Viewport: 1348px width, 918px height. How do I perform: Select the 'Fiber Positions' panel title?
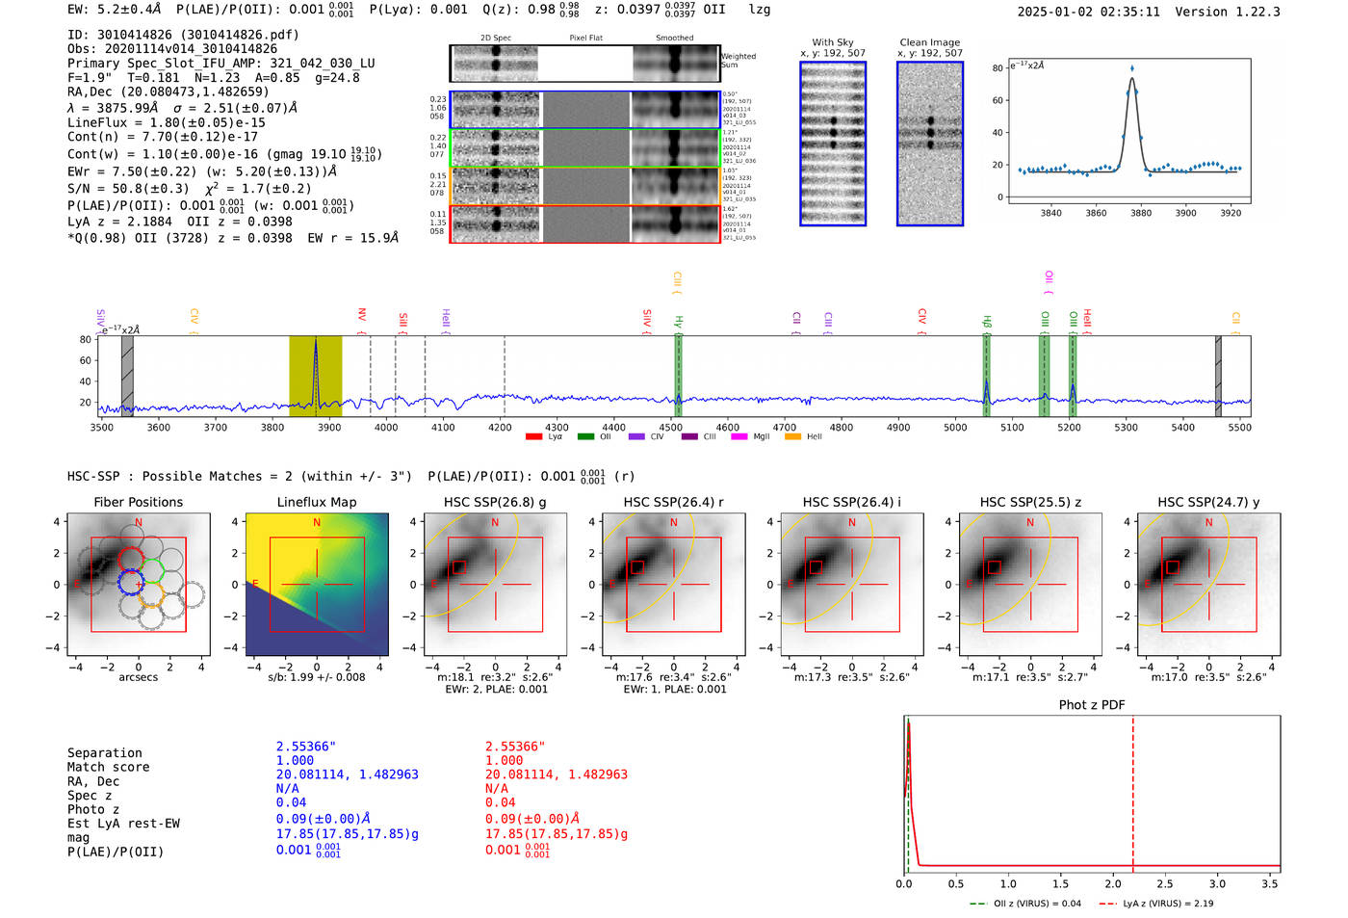click(138, 502)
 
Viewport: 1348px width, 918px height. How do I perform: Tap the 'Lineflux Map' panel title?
click(317, 502)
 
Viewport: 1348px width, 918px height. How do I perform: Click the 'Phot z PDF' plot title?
click(1092, 705)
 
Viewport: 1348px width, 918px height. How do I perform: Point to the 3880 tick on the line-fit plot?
click(1141, 213)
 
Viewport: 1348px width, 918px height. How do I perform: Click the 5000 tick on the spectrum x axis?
click(955, 428)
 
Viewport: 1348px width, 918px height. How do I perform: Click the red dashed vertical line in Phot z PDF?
click(1132, 790)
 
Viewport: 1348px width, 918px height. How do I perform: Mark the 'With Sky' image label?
click(833, 42)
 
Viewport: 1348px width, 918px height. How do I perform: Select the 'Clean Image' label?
click(930, 42)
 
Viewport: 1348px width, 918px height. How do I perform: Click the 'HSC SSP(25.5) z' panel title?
click(1030, 502)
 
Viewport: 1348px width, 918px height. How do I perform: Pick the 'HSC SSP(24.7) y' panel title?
click(1208, 502)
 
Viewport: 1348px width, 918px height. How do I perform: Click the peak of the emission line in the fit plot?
click(1132, 69)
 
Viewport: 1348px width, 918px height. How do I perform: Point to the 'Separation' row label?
click(105, 753)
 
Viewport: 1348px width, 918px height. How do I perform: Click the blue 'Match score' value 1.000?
click(295, 760)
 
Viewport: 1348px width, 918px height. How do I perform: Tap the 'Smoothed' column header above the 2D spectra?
click(674, 39)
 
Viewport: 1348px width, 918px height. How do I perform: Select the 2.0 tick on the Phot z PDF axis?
click(1113, 883)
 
